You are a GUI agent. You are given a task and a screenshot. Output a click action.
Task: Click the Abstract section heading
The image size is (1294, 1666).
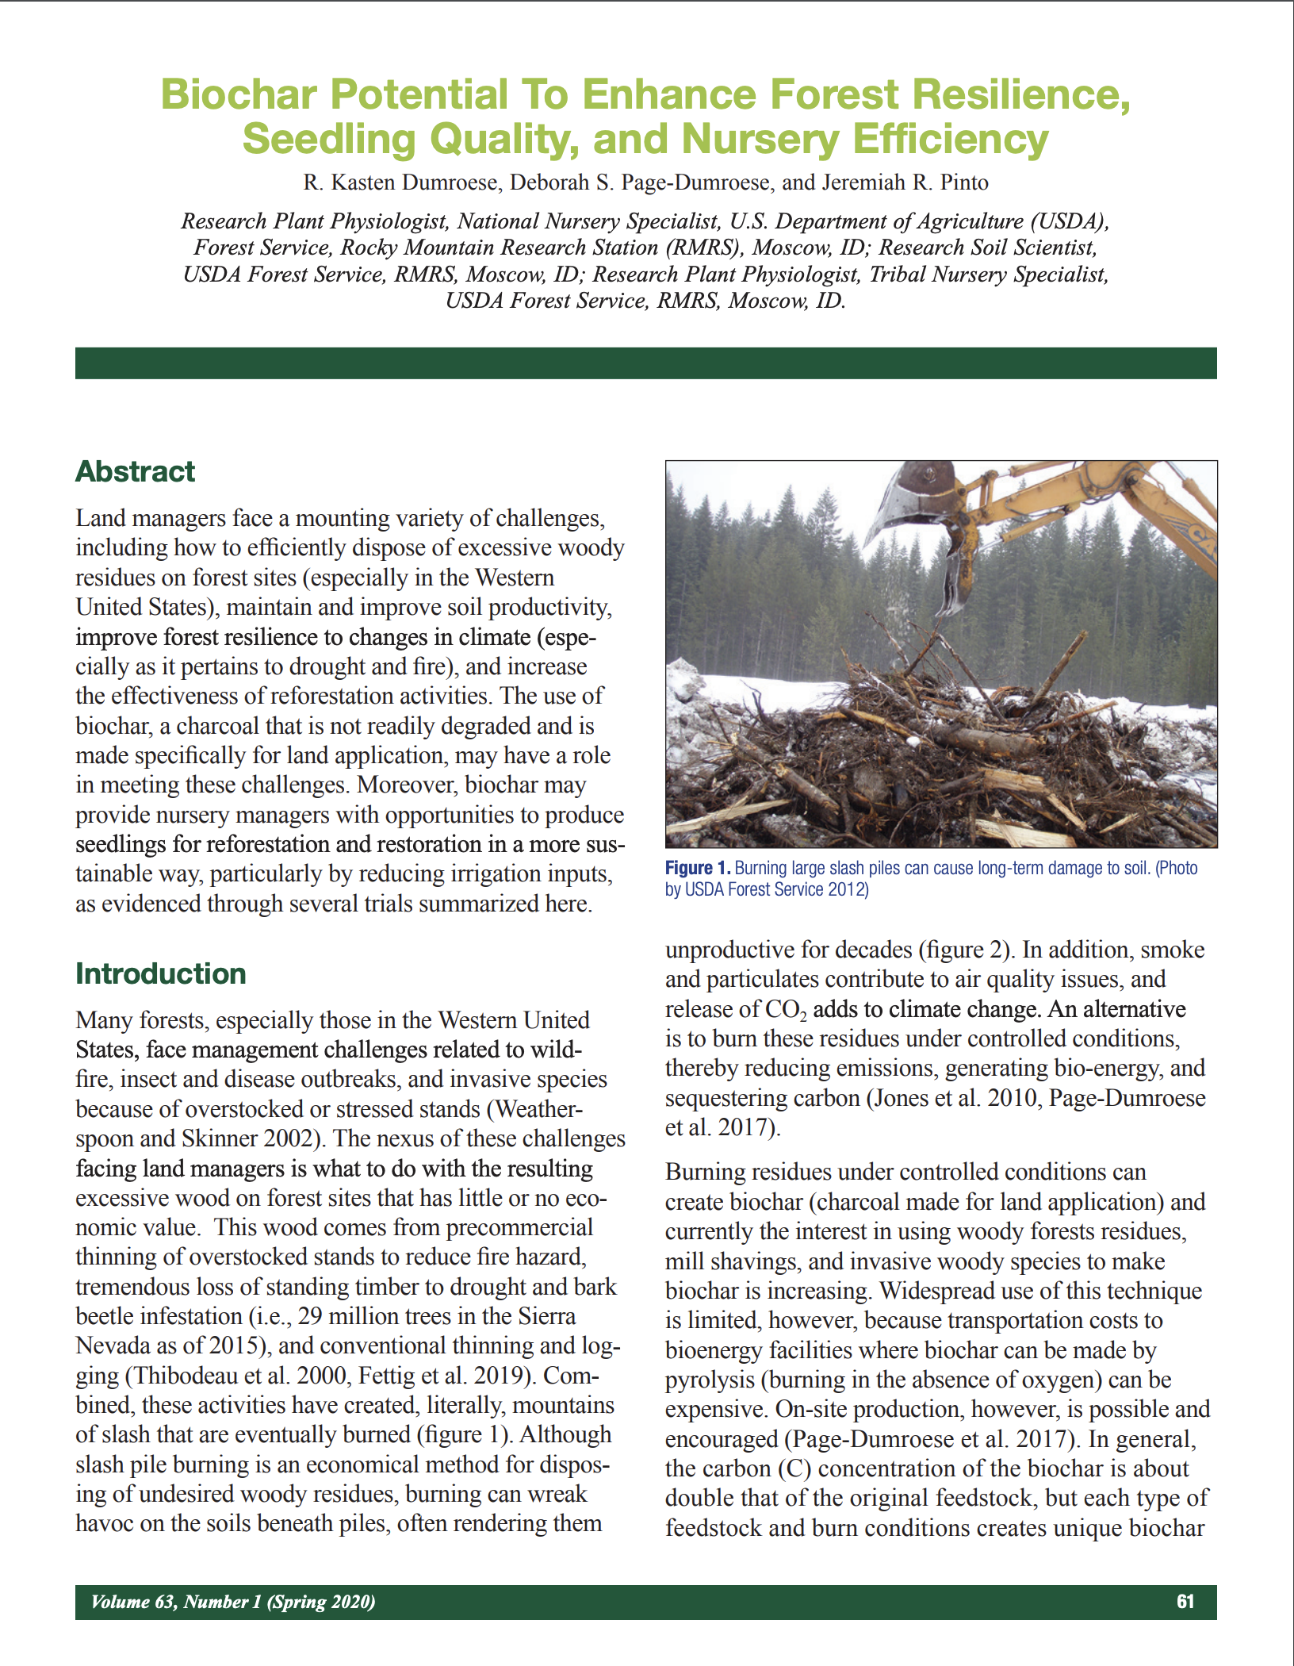point(135,471)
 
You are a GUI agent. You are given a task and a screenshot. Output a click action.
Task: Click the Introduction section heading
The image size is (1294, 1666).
point(161,973)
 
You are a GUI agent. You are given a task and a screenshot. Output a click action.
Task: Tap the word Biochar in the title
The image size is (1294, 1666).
point(238,94)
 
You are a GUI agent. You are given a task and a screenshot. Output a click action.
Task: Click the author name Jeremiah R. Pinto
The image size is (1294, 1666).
point(905,182)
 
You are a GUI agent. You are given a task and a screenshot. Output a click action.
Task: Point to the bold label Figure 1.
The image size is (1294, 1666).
point(698,868)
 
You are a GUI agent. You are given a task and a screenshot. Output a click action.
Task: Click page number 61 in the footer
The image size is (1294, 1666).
point(1185,1601)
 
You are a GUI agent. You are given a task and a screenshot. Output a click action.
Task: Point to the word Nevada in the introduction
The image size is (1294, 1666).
point(110,1345)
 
